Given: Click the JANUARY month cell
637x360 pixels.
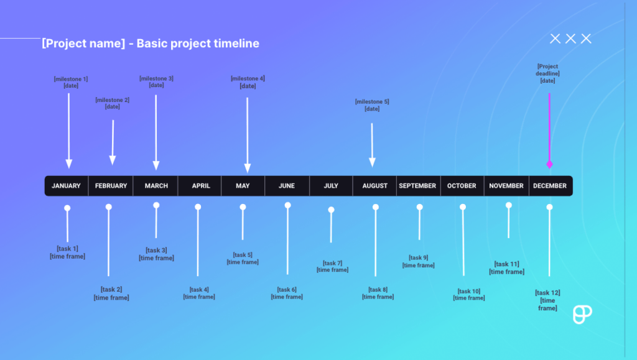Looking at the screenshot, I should [66, 186].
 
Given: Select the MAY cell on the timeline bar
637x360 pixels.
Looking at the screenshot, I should [243, 186].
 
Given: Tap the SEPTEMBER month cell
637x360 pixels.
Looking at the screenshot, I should [417, 186].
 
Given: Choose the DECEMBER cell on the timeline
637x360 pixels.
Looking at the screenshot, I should [550, 186].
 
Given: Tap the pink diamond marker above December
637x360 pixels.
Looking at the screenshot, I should [549, 164].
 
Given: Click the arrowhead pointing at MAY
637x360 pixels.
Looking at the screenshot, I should [248, 168].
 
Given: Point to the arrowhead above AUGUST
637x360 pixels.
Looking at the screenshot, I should [372, 163].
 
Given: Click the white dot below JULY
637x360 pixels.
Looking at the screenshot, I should [331, 210].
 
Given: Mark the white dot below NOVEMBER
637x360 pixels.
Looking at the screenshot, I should [508, 205].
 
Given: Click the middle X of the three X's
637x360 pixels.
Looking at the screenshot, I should [570, 39].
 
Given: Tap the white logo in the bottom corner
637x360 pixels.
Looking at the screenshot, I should [582, 314].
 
